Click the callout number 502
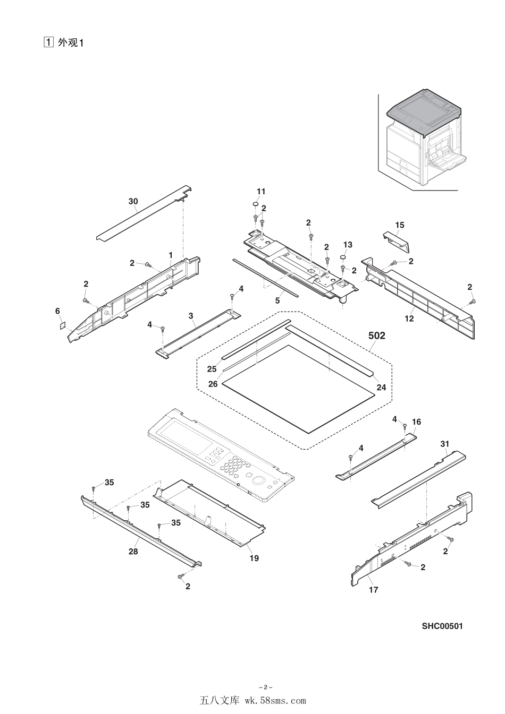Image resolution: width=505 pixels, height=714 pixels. pyautogui.click(x=376, y=336)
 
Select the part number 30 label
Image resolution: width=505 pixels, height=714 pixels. pyautogui.click(x=133, y=201)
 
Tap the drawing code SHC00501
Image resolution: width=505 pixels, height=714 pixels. pyautogui.click(x=442, y=626)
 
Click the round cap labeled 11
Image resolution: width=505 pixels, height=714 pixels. pyautogui.click(x=255, y=204)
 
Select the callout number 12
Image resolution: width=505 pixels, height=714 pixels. pyautogui.click(x=409, y=319)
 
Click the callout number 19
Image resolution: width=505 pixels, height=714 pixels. pyautogui.click(x=254, y=558)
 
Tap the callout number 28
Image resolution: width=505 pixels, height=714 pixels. pyautogui.click(x=133, y=552)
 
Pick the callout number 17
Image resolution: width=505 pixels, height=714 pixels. pyautogui.click(x=374, y=589)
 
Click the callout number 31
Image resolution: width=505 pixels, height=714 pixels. pyautogui.click(x=445, y=443)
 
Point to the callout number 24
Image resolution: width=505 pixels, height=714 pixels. pyautogui.click(x=381, y=388)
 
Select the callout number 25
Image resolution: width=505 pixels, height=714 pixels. pyautogui.click(x=212, y=368)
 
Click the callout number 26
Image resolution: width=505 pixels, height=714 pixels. pyautogui.click(x=213, y=384)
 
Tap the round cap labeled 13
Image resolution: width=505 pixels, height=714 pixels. pyautogui.click(x=343, y=257)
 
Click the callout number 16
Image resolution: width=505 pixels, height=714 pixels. pyautogui.click(x=416, y=421)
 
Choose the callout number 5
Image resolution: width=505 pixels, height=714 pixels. pyautogui.click(x=277, y=300)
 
